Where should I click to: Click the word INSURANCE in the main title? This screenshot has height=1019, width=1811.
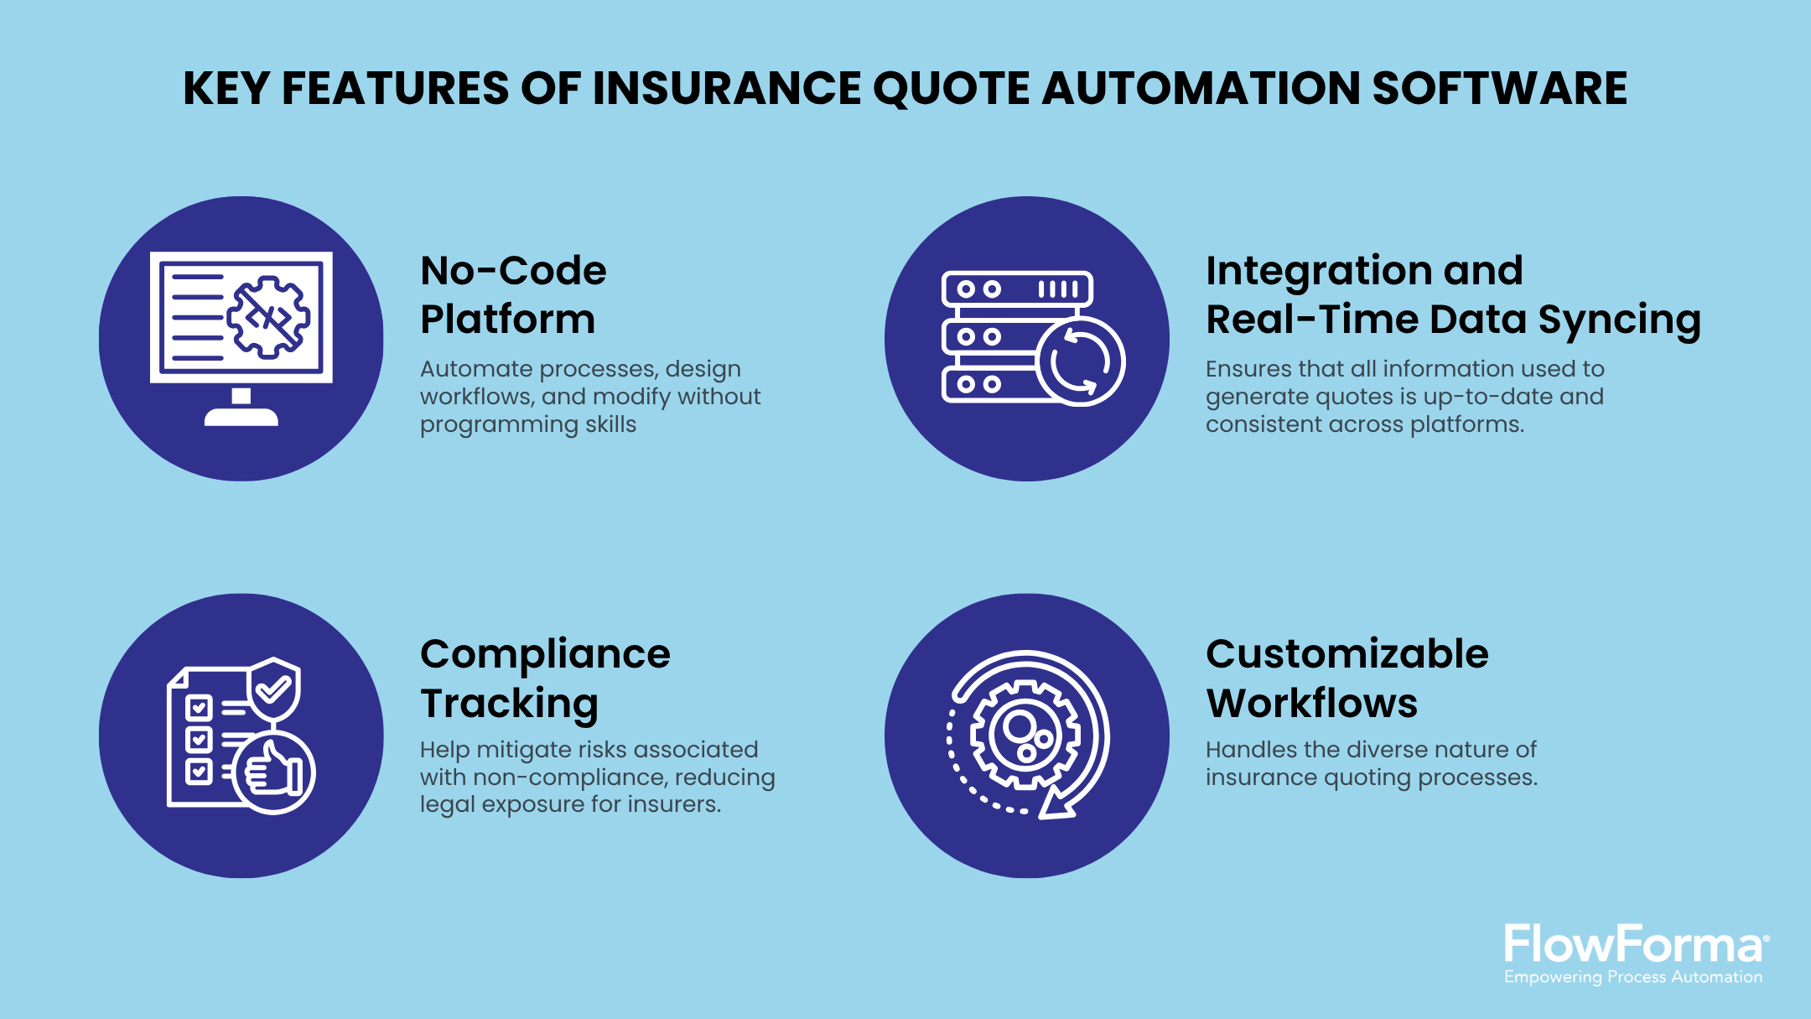(726, 88)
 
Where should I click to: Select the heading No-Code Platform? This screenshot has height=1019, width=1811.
(512, 294)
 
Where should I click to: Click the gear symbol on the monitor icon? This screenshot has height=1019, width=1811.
(268, 317)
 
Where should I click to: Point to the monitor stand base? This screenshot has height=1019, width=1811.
(241, 417)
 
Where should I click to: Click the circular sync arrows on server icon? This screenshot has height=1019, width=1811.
(1080, 362)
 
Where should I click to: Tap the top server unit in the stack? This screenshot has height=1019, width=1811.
(1017, 289)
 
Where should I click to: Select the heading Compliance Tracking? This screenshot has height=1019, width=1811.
(545, 678)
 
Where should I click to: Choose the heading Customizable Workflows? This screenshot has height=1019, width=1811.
(1347, 678)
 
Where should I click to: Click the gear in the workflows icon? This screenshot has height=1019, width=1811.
(1025, 736)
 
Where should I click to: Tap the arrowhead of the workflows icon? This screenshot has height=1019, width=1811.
(1055, 807)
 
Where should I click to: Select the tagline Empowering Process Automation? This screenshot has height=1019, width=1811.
(1632, 977)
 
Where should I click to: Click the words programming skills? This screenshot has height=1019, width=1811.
(528, 424)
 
